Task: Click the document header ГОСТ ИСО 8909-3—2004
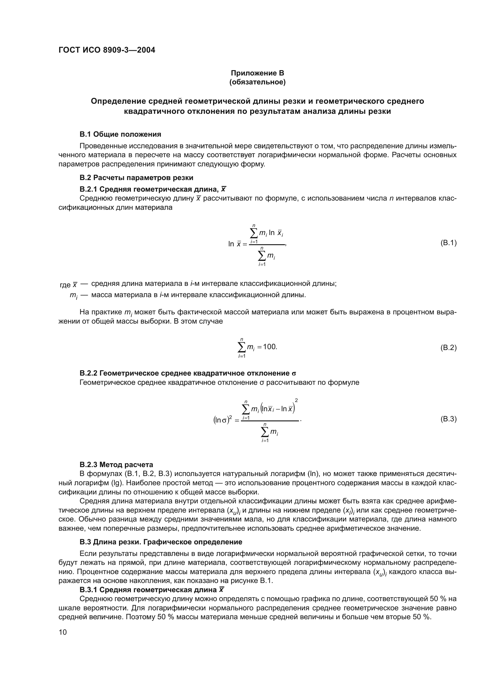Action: click(107, 50)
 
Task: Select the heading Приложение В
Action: click(257, 73)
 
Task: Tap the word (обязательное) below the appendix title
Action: click(257, 82)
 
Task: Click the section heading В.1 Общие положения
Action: click(120, 134)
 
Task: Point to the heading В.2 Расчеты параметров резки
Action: click(136, 177)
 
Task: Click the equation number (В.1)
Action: click(448, 243)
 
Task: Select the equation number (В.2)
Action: click(448, 348)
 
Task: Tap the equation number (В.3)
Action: click(448, 419)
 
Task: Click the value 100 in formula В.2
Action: click(269, 347)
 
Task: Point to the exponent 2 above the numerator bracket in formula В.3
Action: click(296, 401)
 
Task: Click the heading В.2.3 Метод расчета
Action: click(116, 464)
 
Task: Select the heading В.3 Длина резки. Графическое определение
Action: click(161, 542)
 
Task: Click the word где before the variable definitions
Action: click(65, 285)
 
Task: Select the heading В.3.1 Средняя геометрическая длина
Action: click(151, 590)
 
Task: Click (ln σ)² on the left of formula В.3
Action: click(223, 420)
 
